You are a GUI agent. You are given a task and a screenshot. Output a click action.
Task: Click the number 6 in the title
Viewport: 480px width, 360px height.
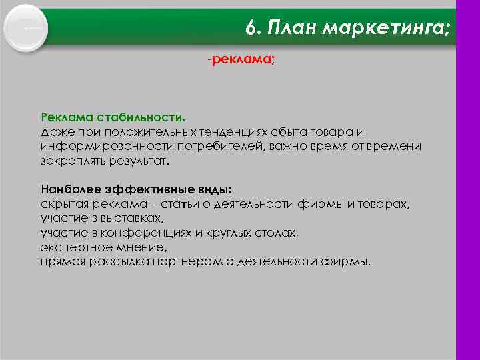[x=250, y=27]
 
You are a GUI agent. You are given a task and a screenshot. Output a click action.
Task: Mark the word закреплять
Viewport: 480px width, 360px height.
[x=73, y=161]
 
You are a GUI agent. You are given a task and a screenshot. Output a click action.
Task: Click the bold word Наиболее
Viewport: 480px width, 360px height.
[x=69, y=189]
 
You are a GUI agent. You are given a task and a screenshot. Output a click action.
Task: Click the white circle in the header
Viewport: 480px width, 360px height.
[x=25, y=29]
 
